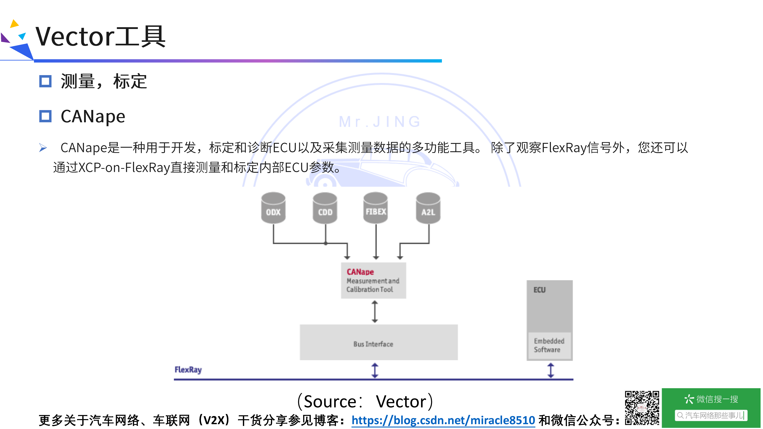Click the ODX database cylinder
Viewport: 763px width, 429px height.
[x=273, y=208]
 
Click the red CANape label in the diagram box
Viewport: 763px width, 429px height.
[x=360, y=272]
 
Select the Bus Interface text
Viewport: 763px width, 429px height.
[x=373, y=344]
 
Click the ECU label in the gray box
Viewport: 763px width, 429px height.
[x=539, y=290]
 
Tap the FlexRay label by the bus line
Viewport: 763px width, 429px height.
[x=188, y=370]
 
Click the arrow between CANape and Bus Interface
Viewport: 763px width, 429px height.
[x=375, y=311]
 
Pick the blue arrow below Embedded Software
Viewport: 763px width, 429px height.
[x=551, y=370]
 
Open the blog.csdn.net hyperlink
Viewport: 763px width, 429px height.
[x=443, y=420]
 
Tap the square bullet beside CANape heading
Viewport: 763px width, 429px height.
[x=45, y=116]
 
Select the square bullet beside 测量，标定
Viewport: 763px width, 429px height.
[x=45, y=81]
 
